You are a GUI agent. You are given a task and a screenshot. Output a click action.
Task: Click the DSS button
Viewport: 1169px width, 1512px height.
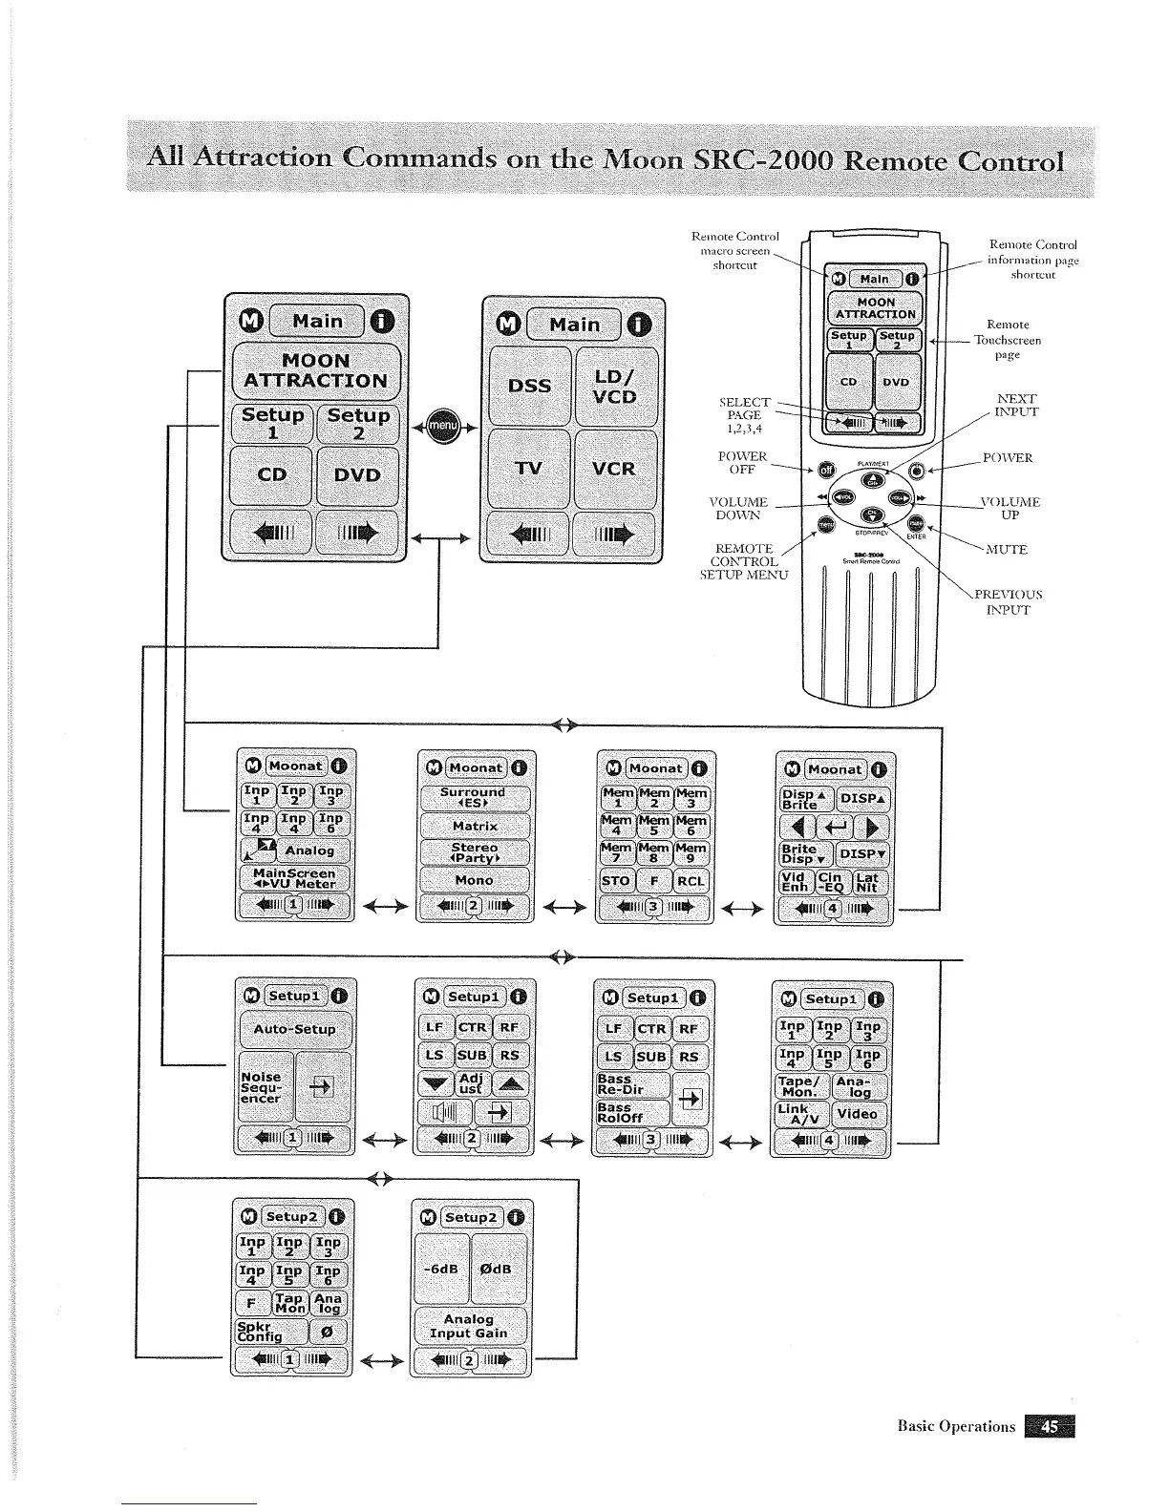pos(529,386)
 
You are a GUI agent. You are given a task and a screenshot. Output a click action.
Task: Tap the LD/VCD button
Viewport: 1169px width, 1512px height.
pos(614,386)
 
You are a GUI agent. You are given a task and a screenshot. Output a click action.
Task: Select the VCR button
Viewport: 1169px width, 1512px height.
pos(614,469)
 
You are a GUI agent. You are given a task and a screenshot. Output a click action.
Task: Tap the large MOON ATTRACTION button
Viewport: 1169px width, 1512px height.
pos(315,370)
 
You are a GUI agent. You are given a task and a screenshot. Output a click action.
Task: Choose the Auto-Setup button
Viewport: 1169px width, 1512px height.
pos(294,1029)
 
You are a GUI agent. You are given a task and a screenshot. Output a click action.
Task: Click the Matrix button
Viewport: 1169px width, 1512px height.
pos(475,826)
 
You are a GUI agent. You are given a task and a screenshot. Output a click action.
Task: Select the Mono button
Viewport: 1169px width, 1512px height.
pos(475,880)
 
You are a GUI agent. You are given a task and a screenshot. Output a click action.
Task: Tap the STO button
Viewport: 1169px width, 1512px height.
pos(616,880)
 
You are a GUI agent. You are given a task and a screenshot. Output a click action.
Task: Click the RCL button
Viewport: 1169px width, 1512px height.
pos(691,880)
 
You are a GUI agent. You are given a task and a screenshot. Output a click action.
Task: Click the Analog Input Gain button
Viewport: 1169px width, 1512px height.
pos(469,1326)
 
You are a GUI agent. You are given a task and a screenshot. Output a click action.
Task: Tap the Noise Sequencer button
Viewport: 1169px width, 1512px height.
pos(264,1087)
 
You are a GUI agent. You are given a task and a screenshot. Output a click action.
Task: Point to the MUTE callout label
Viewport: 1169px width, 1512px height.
pos(1006,550)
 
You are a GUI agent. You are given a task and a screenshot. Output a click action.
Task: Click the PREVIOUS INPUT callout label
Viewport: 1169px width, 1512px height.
pos(1008,601)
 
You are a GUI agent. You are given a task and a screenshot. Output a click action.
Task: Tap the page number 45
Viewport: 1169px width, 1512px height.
pos(1049,1426)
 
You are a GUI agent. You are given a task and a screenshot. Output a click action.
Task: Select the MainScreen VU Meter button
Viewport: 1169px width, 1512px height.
pos(294,878)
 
